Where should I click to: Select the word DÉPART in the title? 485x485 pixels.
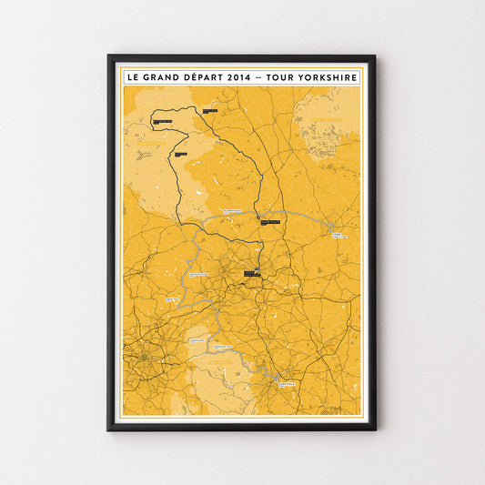coord(206,77)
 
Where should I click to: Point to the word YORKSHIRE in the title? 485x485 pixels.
coord(328,77)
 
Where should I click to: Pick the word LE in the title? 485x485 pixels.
coord(136,77)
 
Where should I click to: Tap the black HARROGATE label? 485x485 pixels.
coord(270,221)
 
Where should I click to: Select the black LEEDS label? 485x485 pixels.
coord(252,272)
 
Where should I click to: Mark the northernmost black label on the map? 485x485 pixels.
coord(210,111)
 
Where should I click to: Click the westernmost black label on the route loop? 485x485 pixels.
coord(163,121)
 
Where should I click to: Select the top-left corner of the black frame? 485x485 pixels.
coord(108,56)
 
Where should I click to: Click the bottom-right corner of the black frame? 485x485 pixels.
coord(375,429)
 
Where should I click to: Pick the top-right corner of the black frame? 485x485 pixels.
coord(375,56)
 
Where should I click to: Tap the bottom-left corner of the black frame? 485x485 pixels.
coord(108,429)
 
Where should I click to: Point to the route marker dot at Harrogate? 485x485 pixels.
coord(260,218)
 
